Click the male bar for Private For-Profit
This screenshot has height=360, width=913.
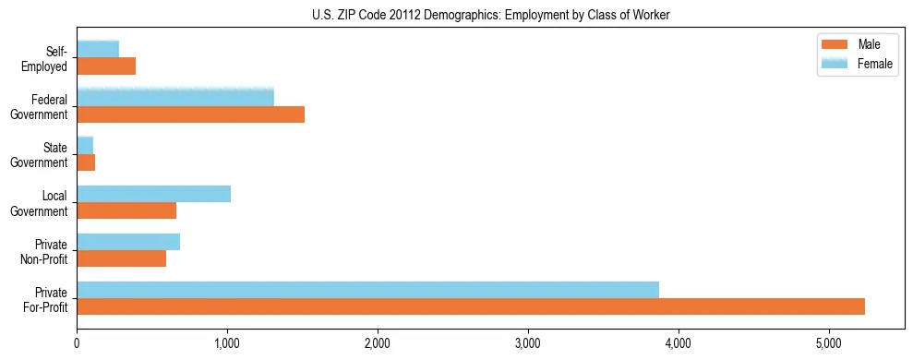click(471, 306)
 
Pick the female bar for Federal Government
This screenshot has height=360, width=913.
click(175, 97)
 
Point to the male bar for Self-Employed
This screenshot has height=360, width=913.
click(106, 66)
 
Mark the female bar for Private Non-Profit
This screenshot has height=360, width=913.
click(128, 242)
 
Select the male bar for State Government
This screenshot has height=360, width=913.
click(86, 162)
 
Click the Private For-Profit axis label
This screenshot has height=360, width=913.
click(45, 299)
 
